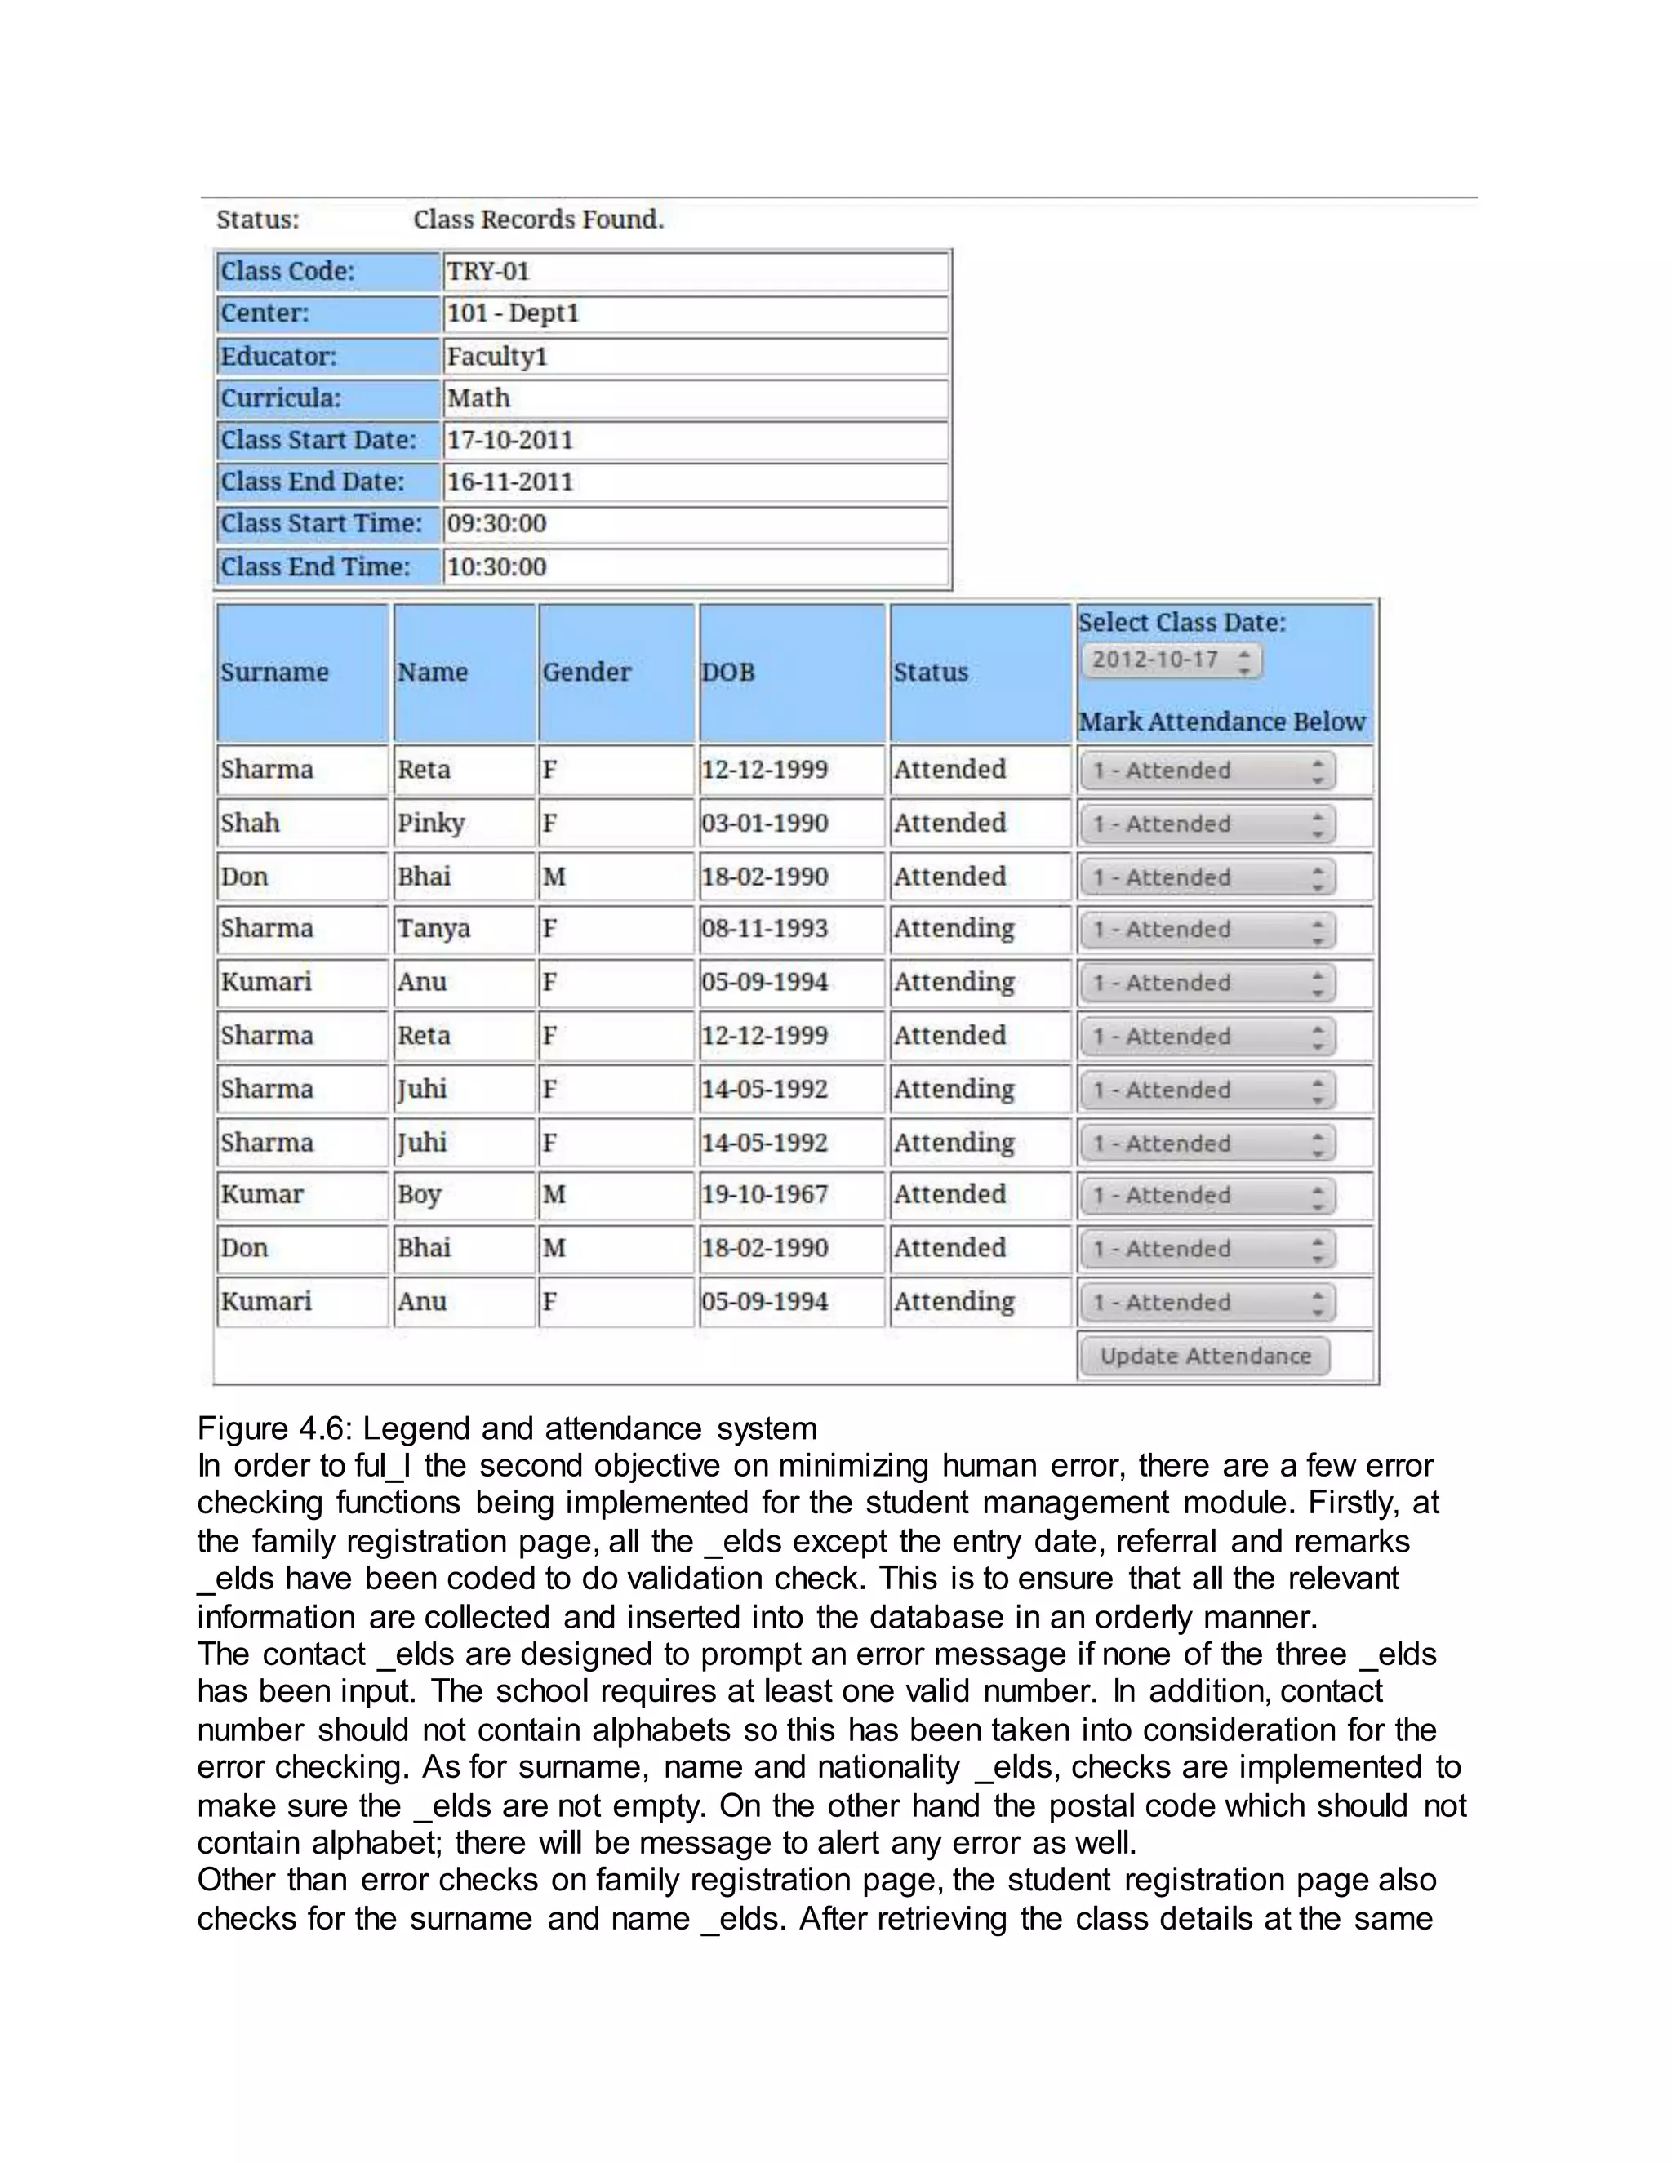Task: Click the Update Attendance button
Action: pos(1204,1356)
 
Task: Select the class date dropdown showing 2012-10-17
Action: pos(1171,660)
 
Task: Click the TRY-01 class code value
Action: pos(488,271)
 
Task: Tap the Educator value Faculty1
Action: pos(496,357)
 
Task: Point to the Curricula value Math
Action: pos(478,398)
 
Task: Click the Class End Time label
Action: pos(315,566)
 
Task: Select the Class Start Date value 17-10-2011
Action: pos(509,440)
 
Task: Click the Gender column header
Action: pos(586,673)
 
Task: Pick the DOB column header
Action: pos(728,673)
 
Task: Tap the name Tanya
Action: pos(434,929)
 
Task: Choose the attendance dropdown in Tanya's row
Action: pos(1207,930)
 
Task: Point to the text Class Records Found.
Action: pos(538,219)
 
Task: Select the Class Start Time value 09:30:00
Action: pos(496,524)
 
